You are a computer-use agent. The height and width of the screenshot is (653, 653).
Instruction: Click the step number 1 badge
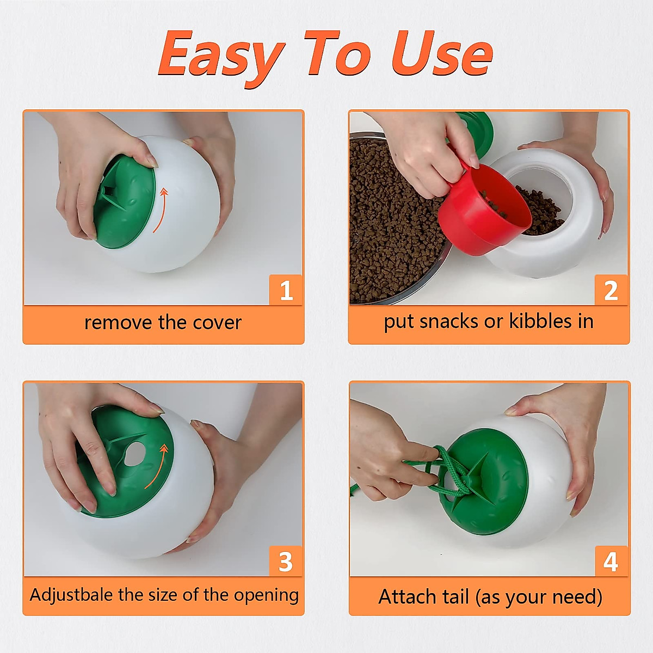click(286, 290)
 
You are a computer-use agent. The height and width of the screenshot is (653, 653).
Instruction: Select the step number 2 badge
click(611, 291)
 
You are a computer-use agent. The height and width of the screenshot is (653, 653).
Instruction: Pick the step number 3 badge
click(286, 562)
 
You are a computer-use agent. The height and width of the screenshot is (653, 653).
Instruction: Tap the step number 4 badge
click(611, 562)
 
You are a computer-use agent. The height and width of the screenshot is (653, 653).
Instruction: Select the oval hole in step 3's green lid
click(133, 454)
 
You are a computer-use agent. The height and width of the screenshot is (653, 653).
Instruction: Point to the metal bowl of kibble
click(392, 229)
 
